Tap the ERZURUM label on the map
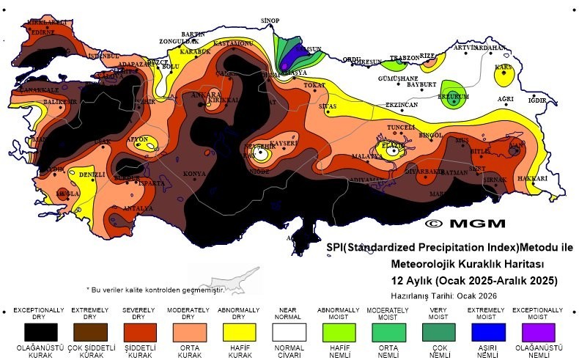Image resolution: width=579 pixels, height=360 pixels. [452, 96]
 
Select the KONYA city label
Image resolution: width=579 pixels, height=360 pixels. [194, 174]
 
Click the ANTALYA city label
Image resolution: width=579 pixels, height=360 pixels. [138, 208]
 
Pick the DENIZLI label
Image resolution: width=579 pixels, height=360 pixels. [92, 175]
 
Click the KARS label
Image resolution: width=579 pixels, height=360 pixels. [503, 67]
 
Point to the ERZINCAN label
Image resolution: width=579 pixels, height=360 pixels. [402, 105]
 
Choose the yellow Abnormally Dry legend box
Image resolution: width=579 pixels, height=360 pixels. [241, 331]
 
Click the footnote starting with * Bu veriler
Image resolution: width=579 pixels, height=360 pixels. [154, 290]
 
